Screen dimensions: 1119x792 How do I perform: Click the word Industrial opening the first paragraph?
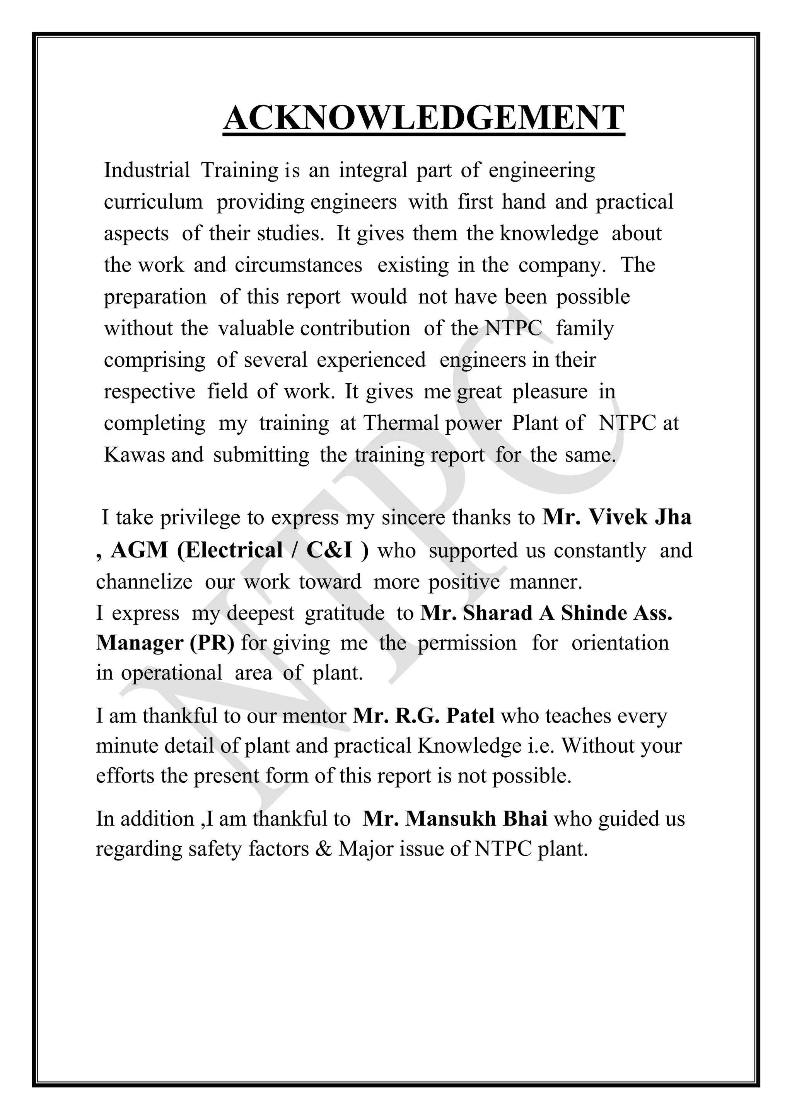[x=146, y=170]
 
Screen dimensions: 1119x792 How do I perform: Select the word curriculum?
[x=153, y=202]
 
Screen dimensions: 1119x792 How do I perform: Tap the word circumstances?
[x=299, y=265]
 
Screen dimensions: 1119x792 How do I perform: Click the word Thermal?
[x=401, y=423]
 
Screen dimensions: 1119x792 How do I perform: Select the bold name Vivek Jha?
[x=640, y=517]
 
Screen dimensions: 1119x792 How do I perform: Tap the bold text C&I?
[x=329, y=550]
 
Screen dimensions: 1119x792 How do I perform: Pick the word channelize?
[x=144, y=582]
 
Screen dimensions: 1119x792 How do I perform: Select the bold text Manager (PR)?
[x=165, y=643]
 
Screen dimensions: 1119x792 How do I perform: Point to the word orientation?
[x=620, y=643]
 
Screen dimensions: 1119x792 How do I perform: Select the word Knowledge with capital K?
[x=469, y=746]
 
